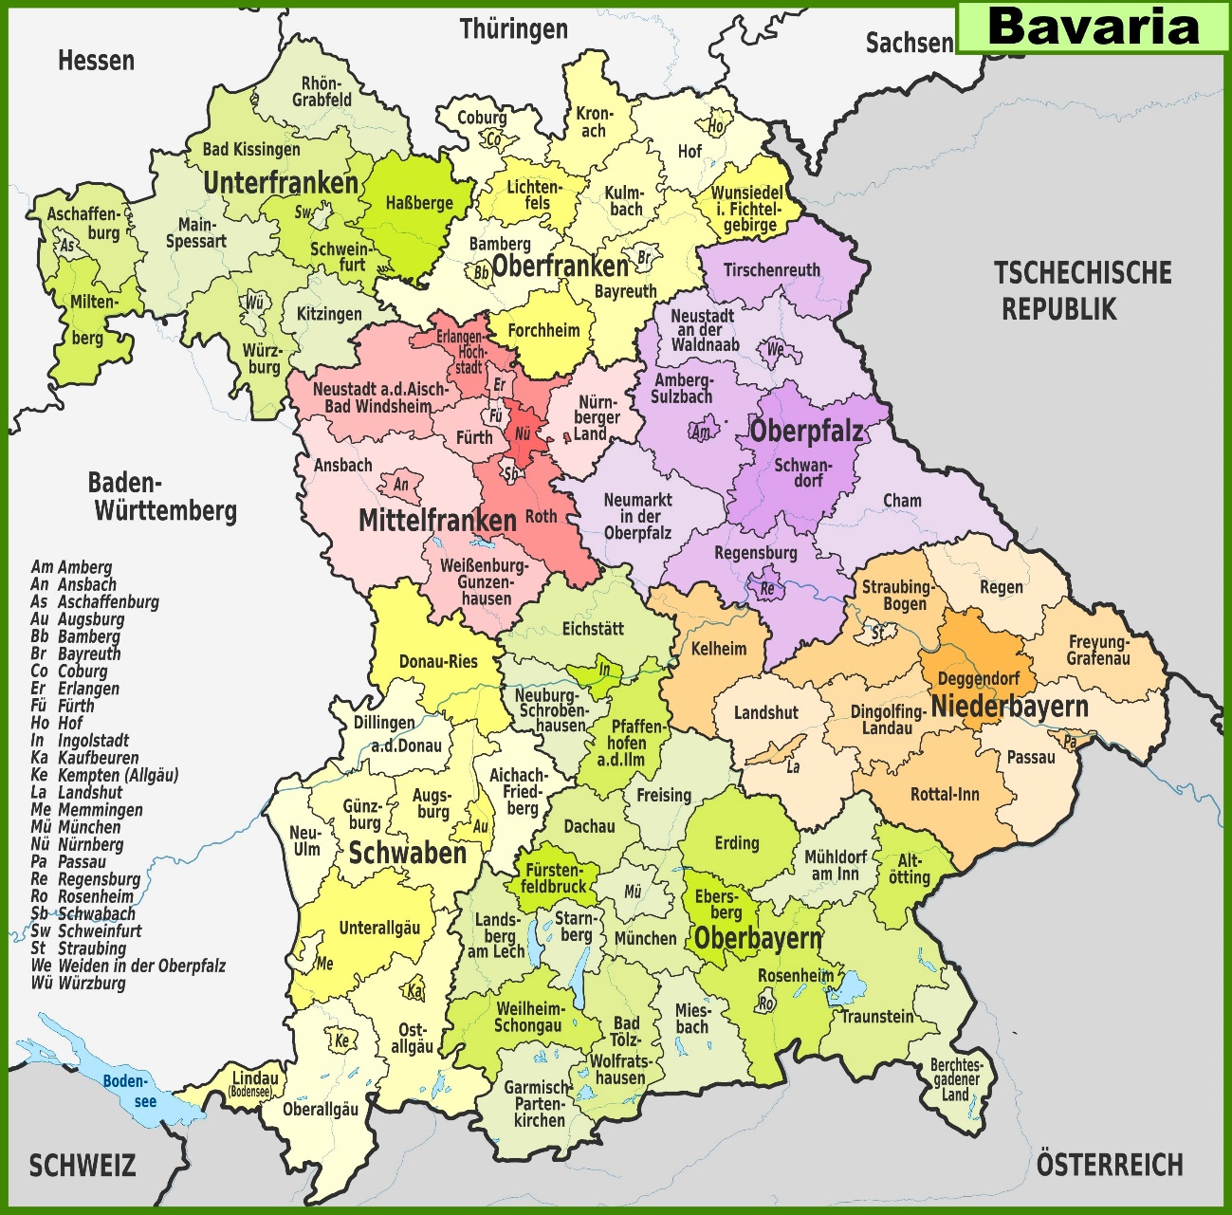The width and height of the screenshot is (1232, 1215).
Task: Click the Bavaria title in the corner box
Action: click(x=1093, y=27)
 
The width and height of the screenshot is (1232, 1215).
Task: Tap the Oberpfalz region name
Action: click(x=807, y=432)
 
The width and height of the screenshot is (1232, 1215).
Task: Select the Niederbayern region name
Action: click(x=1009, y=707)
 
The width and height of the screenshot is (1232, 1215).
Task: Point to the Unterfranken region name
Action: click(x=281, y=182)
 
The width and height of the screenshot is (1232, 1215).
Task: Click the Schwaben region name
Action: click(x=408, y=853)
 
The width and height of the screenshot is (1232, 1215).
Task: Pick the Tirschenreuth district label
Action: click(x=771, y=270)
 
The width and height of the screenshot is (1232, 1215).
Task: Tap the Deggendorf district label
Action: click(x=979, y=679)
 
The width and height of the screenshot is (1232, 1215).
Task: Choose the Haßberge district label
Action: click(x=419, y=202)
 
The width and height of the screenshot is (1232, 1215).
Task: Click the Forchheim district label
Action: click(x=543, y=331)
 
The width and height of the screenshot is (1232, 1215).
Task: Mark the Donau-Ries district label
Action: click(x=438, y=661)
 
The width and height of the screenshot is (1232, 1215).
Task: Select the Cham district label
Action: click(x=902, y=501)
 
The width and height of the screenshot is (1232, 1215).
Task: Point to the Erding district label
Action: click(x=737, y=842)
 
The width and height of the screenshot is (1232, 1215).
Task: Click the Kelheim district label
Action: click(x=718, y=650)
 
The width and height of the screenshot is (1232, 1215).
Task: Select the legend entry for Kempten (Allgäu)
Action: click(x=104, y=775)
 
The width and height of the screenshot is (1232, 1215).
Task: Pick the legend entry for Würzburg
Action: click(x=79, y=984)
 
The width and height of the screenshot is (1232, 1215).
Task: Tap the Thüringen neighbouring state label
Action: click(x=514, y=29)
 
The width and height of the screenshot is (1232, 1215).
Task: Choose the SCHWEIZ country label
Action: click(x=83, y=1166)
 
